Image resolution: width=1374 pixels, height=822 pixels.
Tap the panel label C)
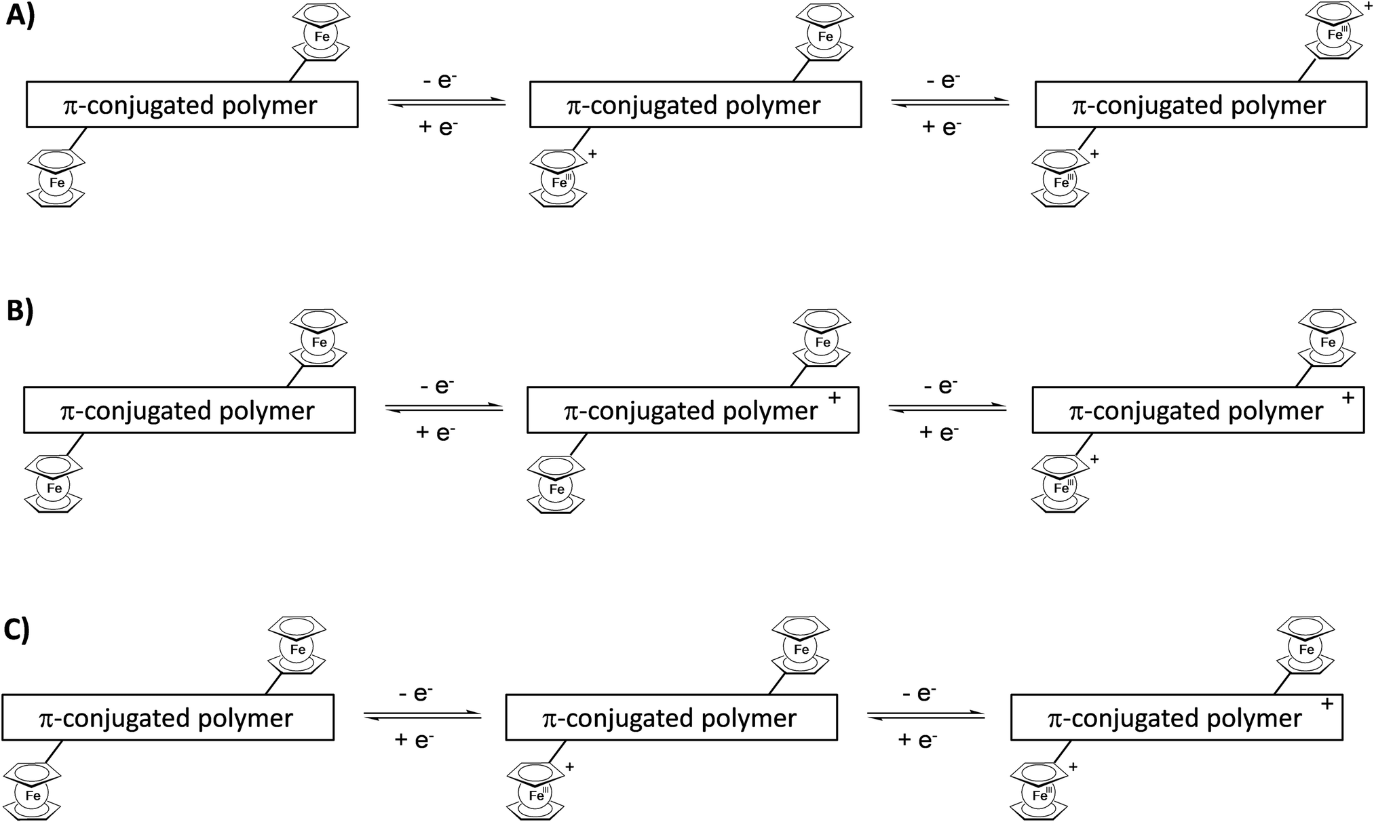pos(17,629)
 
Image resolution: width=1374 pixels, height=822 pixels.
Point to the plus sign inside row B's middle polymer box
pos(835,398)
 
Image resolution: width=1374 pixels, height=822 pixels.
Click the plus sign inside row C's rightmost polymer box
pos(1327,705)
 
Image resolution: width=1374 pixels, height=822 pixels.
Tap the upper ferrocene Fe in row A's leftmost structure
pos(322,37)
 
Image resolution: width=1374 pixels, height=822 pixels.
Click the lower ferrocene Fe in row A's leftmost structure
pos(57,183)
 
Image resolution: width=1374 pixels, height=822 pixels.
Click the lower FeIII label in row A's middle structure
pos(562,182)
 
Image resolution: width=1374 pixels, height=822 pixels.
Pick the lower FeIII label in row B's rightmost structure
pos(1063,488)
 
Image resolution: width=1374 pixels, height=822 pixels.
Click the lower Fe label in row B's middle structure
pos(557,489)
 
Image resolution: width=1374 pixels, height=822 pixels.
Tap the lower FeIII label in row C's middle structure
pos(539,795)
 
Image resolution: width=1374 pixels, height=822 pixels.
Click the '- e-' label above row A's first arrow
pos(438,81)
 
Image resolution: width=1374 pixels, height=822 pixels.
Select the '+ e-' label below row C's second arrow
pos(917,739)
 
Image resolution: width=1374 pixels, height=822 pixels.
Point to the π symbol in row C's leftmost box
pos(47,719)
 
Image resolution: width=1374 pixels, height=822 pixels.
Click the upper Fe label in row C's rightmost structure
pos(1306,650)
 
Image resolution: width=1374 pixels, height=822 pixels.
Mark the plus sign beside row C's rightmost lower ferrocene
pos(1073,766)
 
